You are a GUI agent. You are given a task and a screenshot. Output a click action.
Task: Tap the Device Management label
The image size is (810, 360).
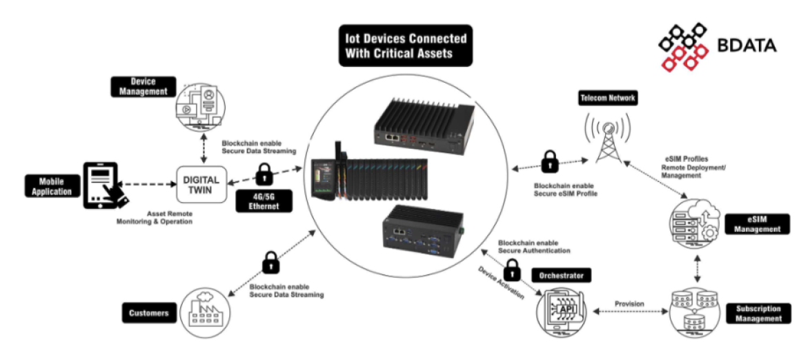click(x=139, y=86)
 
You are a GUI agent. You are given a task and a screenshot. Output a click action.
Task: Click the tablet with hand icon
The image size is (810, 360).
click(x=106, y=184)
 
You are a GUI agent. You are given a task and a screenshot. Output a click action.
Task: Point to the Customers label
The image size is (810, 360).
click(x=148, y=313)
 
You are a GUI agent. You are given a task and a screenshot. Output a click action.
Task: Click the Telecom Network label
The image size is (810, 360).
click(x=607, y=99)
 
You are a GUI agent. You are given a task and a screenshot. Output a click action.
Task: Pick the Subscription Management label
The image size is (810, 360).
click(x=758, y=314)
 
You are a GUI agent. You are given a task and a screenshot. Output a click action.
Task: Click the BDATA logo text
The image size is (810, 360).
click(x=747, y=46)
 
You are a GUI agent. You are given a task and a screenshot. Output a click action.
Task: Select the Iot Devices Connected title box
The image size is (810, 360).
click(x=404, y=46)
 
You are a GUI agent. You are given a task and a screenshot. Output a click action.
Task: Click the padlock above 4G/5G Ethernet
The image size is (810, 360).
click(x=264, y=174)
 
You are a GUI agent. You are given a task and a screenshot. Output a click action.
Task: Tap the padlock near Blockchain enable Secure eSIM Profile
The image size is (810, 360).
click(x=549, y=163)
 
